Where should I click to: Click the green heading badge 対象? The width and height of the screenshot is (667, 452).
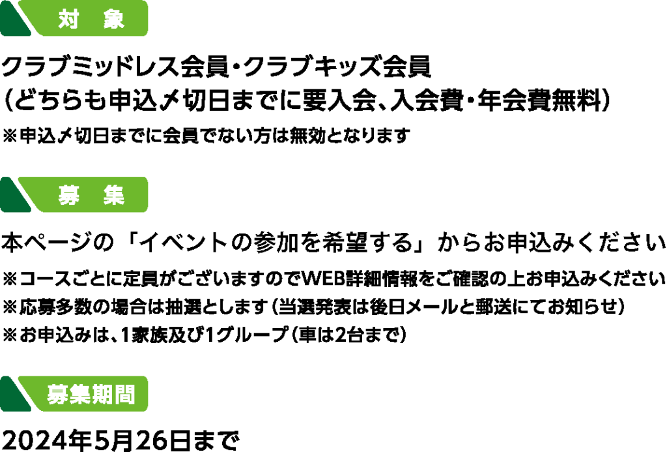click(x=74, y=18)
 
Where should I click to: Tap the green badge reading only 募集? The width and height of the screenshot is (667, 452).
click(x=74, y=194)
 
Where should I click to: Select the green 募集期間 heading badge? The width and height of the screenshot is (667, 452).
click(x=74, y=394)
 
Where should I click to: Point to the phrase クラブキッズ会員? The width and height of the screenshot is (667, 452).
click(x=338, y=67)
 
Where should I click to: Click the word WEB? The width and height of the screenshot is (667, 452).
click(x=322, y=279)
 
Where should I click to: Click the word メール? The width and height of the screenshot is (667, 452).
click(x=432, y=307)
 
